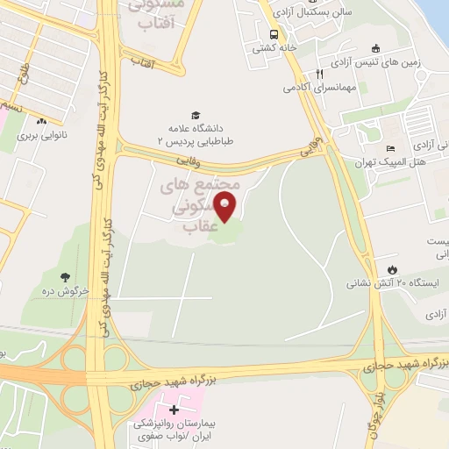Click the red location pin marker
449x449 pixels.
point(226,208)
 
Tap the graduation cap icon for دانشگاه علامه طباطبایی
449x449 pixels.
point(195,114)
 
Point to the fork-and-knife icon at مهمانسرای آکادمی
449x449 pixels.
point(321,75)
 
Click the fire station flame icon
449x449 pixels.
point(391,268)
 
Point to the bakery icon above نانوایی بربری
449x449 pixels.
point(41,121)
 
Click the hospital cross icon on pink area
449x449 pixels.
point(173,410)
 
